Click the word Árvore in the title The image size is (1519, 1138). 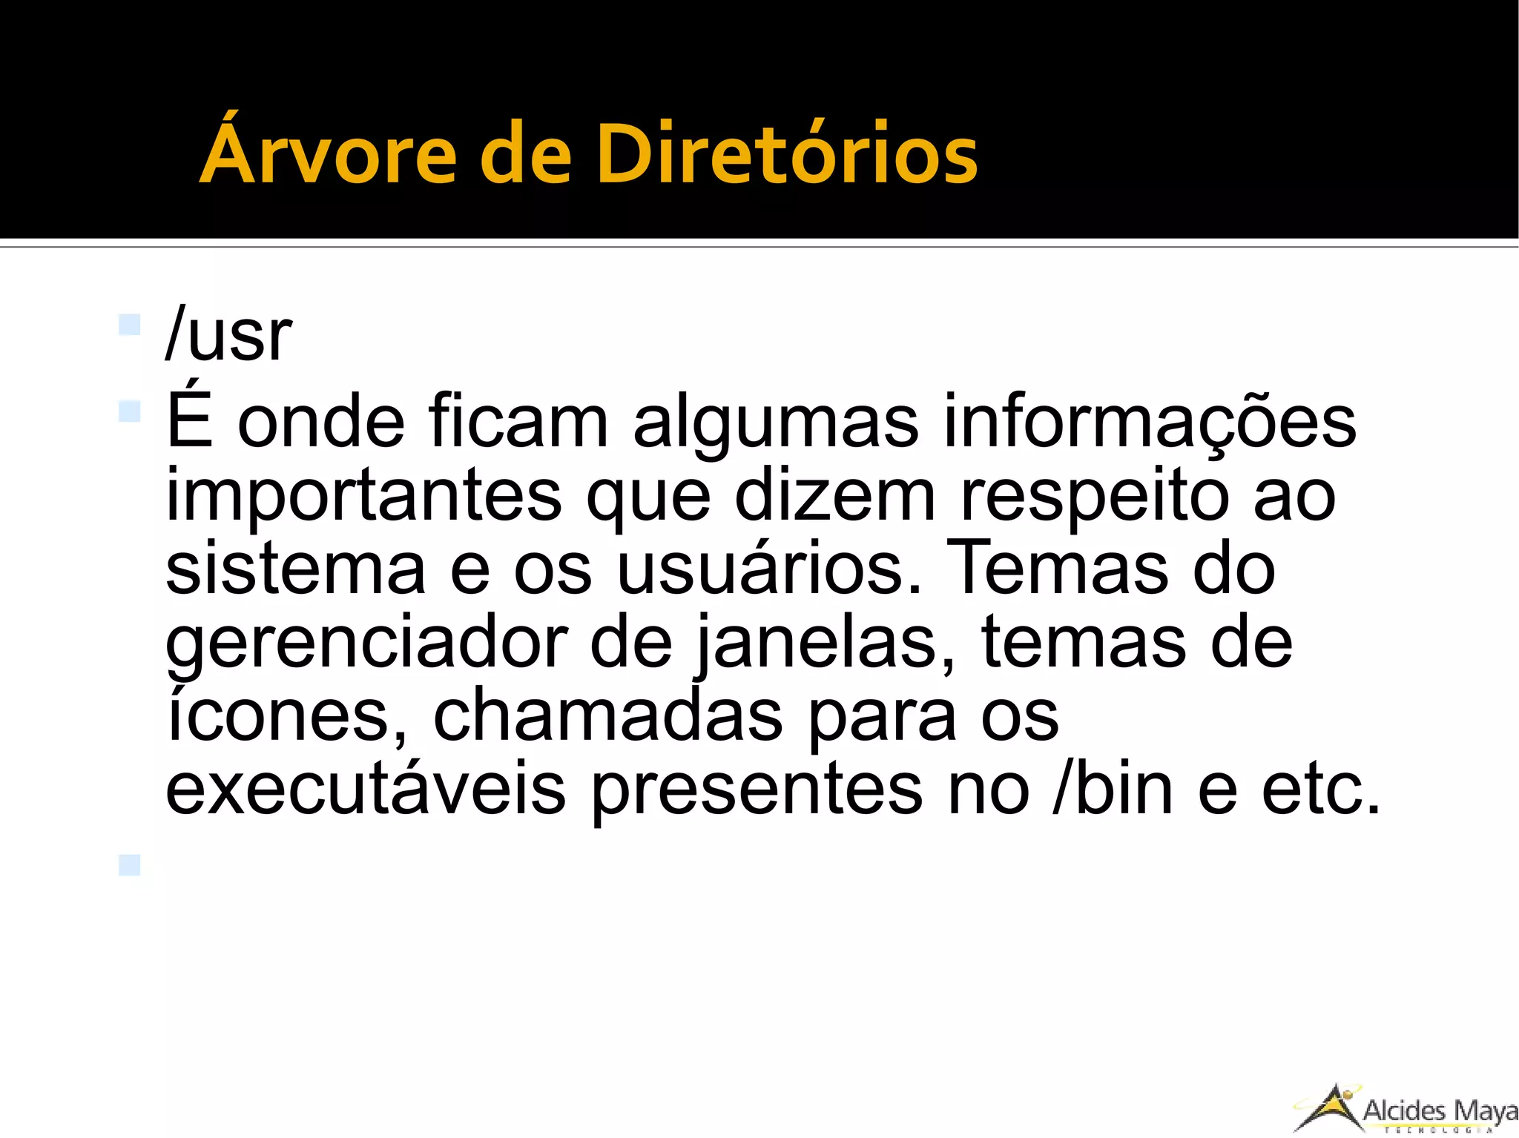pyautogui.click(x=327, y=153)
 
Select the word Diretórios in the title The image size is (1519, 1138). pyautogui.click(x=787, y=153)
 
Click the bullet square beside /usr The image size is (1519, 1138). pyautogui.click(x=129, y=325)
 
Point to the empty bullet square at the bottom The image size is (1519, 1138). pyautogui.click(x=129, y=864)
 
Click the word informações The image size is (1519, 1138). pyautogui.click(x=1149, y=423)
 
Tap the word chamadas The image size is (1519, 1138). pyautogui.click(x=607, y=715)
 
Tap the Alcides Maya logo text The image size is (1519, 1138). pyautogui.click(x=1440, y=1111)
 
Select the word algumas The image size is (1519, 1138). pyautogui.click(x=775, y=423)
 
